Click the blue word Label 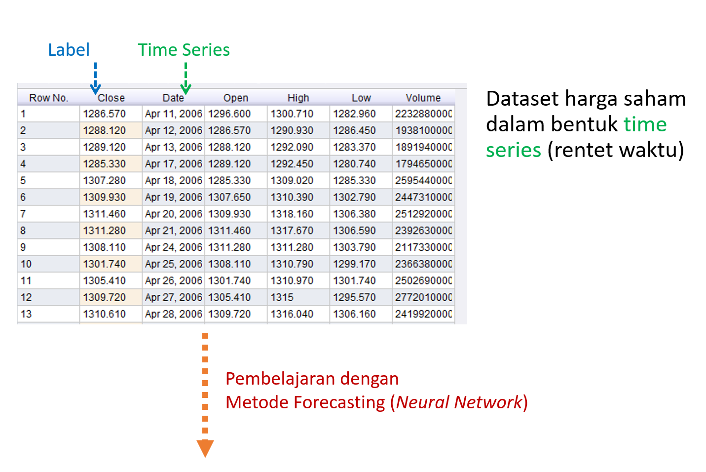pos(69,50)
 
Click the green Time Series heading pos(184,50)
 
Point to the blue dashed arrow pos(95,79)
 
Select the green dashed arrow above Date pos(186,79)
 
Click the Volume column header pos(423,98)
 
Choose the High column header pos(298,98)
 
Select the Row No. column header pos(48,98)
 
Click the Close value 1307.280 pos(104,181)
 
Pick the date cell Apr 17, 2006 pos(173,164)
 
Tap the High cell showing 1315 pos(282,297)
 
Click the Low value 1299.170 pos(354,264)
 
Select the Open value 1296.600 pos(229,114)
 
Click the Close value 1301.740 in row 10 pos(104,264)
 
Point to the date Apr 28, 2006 pos(173,314)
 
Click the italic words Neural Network pos(459,402)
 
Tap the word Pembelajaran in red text pos(280,379)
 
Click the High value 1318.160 pos(292,214)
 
